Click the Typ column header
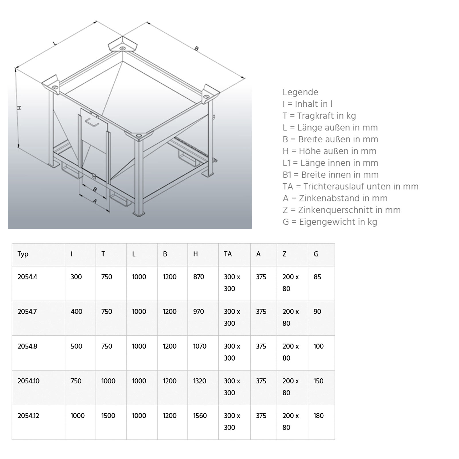click(x=23, y=254)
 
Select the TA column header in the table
click(x=228, y=254)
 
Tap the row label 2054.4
click(x=27, y=277)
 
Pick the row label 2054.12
click(x=28, y=416)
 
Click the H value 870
click(x=199, y=277)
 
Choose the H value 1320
click(x=200, y=381)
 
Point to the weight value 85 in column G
click(x=317, y=277)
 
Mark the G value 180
click(x=318, y=416)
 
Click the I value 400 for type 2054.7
click(x=76, y=312)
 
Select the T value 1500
click(x=108, y=416)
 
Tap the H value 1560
click(x=200, y=416)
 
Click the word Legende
click(x=300, y=92)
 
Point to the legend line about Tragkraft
click(x=319, y=116)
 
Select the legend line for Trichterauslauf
click(x=350, y=186)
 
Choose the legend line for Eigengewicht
click(x=330, y=222)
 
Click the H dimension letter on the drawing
click(x=19, y=108)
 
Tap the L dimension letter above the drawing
click(x=55, y=43)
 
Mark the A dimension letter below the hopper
click(x=95, y=201)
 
